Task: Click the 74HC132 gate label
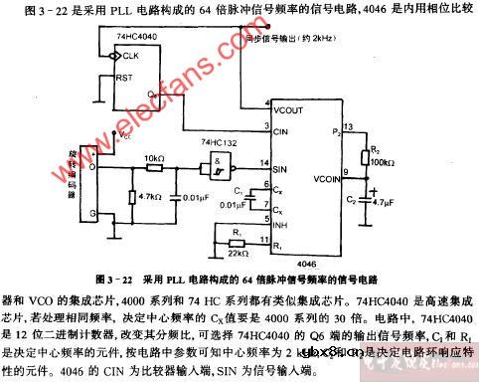point(221,142)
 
